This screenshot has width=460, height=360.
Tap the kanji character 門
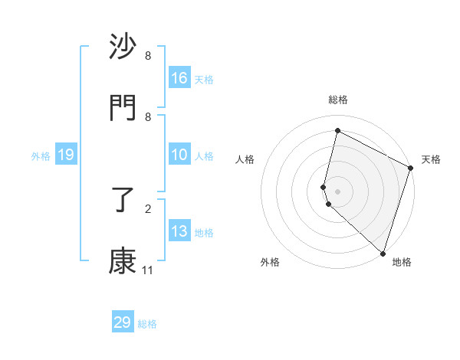click(x=123, y=107)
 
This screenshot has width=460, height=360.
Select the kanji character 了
click(x=123, y=201)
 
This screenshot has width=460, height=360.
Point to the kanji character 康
click(x=123, y=261)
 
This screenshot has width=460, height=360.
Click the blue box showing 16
click(x=179, y=78)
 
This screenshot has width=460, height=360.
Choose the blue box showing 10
click(x=179, y=155)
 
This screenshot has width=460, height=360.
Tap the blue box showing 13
click(x=179, y=231)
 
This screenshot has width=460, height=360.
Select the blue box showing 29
click(x=123, y=322)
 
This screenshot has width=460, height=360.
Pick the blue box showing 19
click(x=66, y=155)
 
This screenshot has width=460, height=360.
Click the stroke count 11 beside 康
click(x=147, y=270)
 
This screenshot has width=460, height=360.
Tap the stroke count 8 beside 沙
click(x=148, y=56)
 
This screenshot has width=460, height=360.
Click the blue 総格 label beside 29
click(x=147, y=324)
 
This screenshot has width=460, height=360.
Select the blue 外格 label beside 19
click(x=41, y=156)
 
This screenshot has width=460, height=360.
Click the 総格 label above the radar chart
click(x=338, y=100)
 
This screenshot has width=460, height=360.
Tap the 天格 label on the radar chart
click(x=431, y=159)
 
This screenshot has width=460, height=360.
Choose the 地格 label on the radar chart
click(x=402, y=262)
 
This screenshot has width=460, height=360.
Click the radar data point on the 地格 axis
click(x=383, y=252)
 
